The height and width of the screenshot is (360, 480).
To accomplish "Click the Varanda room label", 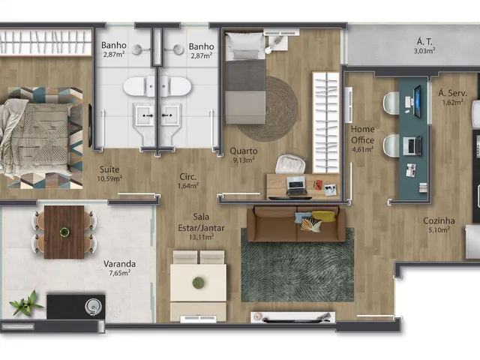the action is [119, 263].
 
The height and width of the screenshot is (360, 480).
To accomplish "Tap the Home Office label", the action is [362, 135].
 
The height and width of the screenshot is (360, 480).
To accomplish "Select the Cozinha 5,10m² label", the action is [439, 225].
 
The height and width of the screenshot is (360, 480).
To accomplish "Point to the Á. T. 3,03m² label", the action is [424, 46].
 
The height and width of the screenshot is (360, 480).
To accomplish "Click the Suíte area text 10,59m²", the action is [109, 178].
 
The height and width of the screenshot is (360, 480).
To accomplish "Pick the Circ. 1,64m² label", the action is [188, 181].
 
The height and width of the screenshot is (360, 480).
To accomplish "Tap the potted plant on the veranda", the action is [25, 303].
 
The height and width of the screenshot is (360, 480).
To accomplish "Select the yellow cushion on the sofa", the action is [323, 215].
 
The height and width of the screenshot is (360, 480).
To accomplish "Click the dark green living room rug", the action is [298, 265].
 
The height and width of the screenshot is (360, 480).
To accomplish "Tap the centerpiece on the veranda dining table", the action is [64, 232].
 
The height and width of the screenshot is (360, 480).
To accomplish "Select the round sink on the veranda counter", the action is [92, 306].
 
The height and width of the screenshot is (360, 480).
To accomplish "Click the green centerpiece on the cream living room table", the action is [198, 283].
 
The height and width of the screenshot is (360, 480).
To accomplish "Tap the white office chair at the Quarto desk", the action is [290, 165].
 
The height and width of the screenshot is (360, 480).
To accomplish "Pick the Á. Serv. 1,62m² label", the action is [452, 97].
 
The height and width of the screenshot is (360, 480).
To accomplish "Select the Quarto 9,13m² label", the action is [243, 155].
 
